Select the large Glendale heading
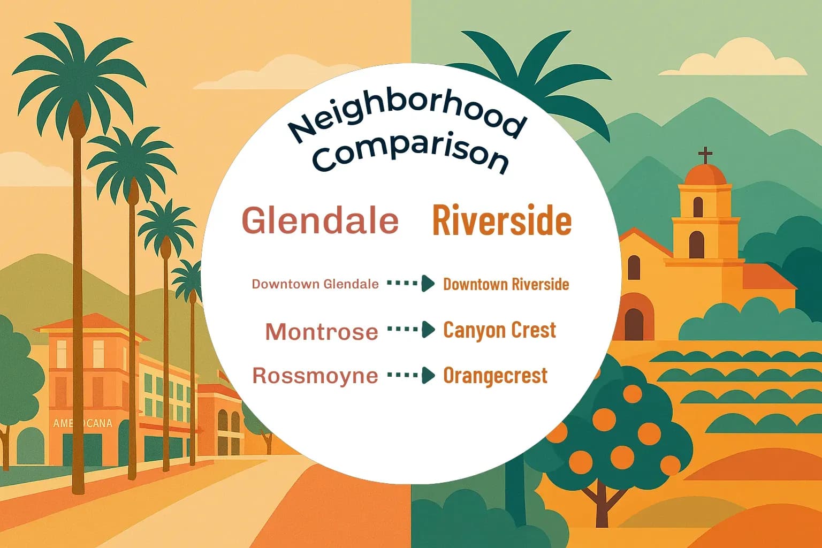point(320,220)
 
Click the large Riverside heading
point(501,220)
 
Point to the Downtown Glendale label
point(315,284)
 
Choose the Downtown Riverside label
point(506,284)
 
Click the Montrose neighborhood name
point(322,332)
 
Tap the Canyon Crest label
point(500,330)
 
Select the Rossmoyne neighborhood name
point(315,376)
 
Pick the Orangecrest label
point(495,376)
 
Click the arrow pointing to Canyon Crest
point(411,330)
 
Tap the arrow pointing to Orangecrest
point(411,376)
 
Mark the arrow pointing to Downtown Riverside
point(411,284)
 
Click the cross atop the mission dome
point(705,155)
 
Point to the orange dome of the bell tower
point(705,175)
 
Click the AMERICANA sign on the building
point(82,423)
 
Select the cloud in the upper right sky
point(733,62)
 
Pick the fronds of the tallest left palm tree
point(78,75)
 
